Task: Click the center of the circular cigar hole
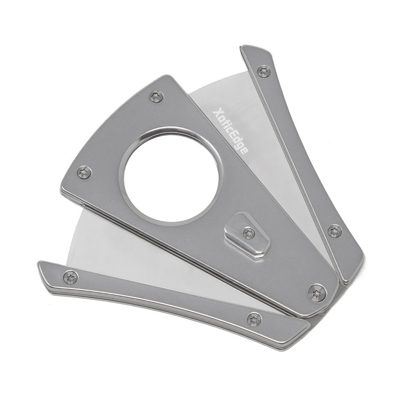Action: pos(171,177)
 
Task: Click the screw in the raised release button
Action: pos(249,234)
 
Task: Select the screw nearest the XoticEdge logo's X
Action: pos(156,97)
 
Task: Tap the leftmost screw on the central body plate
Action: pos(84,172)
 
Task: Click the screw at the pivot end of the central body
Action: pos(317,293)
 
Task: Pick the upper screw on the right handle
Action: pos(264,71)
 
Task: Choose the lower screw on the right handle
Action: pos(335,231)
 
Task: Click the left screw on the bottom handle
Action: pos(71,277)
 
